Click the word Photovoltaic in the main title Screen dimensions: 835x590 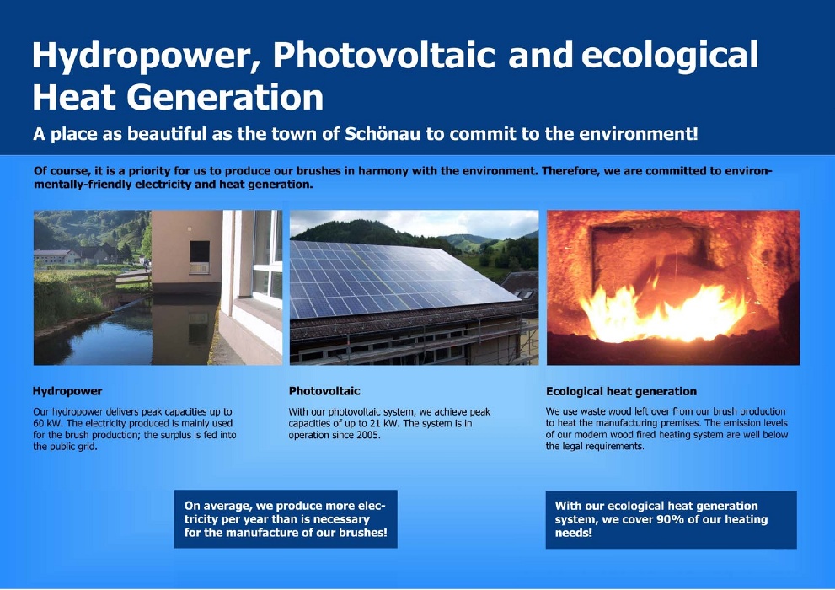click(383, 56)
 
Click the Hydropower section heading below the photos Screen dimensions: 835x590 click(67, 391)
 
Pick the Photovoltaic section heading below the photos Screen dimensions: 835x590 click(324, 391)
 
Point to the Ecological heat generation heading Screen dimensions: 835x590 click(621, 391)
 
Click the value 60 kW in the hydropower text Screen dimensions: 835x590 click(47, 423)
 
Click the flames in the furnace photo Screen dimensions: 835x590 click(663, 314)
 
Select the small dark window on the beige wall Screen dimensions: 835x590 click(199, 250)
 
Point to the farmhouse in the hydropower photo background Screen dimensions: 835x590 click(56, 256)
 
